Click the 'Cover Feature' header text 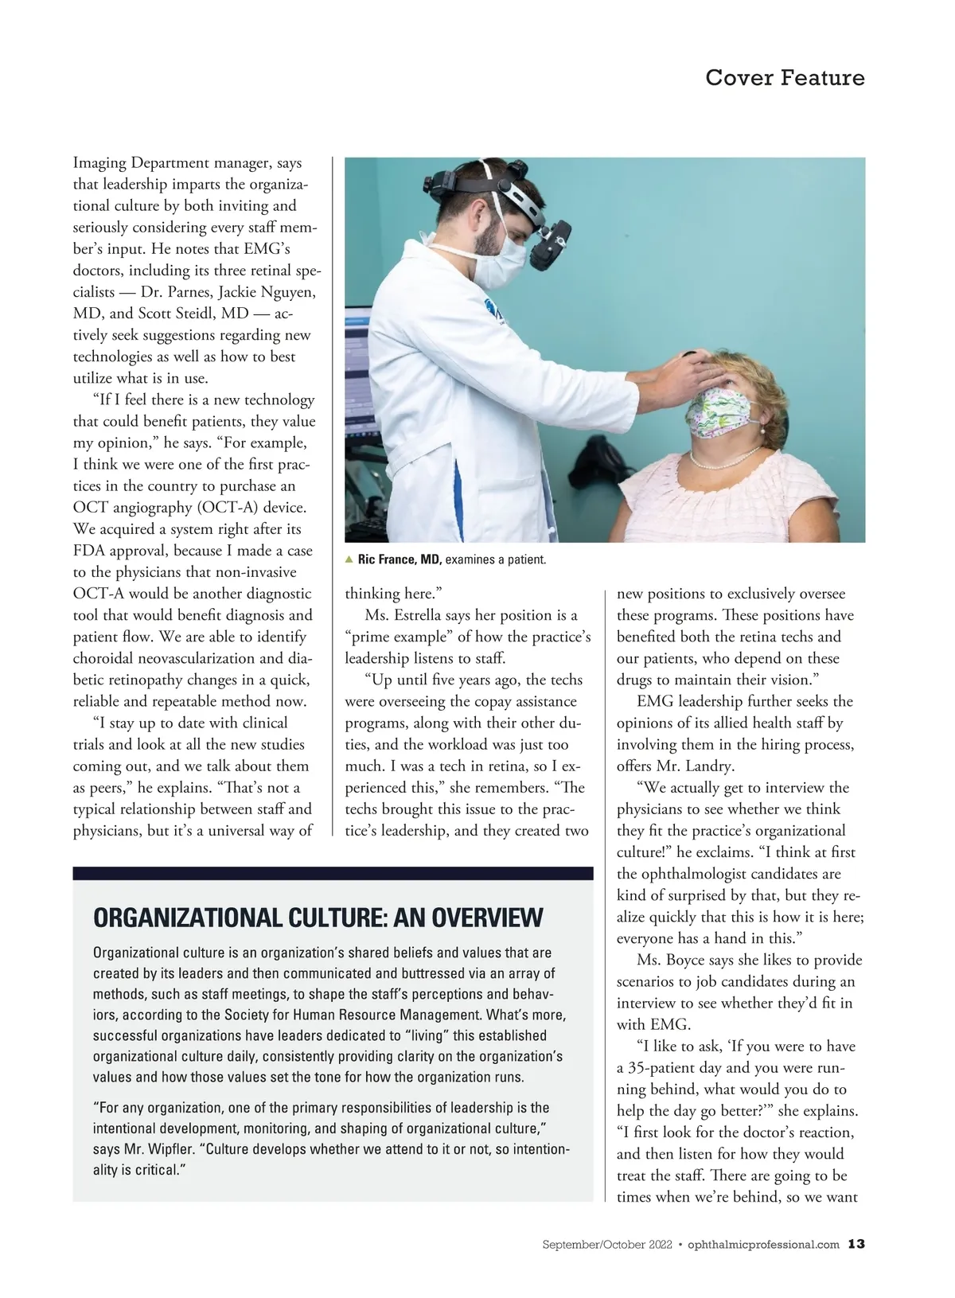[784, 78]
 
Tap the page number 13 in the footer [856, 1244]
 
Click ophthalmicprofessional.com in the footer [763, 1245]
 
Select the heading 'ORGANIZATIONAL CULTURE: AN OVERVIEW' [318, 918]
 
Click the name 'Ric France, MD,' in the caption [400, 559]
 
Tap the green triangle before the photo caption [349, 559]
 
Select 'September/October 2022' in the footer [607, 1245]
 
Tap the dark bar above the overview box [333, 873]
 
